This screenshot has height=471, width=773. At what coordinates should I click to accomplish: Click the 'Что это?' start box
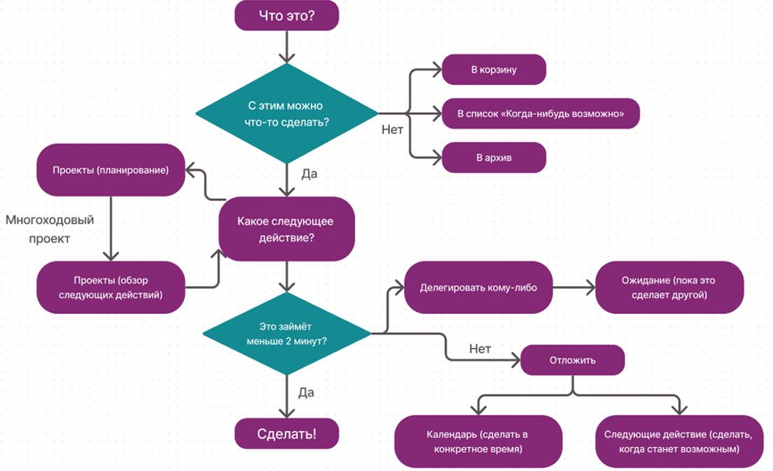[x=287, y=15]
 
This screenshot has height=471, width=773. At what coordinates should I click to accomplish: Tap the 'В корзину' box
[x=494, y=70]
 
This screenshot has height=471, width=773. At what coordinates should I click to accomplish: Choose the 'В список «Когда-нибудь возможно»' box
[x=541, y=114]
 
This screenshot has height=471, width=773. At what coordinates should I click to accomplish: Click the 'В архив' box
[x=494, y=157]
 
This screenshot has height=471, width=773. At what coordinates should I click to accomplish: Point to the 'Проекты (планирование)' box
[x=111, y=170]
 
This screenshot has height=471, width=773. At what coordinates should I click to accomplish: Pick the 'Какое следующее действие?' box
[x=286, y=229]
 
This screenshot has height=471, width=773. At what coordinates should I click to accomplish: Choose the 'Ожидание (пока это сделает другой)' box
[x=669, y=287]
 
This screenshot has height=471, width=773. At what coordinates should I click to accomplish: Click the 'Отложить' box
[x=572, y=361]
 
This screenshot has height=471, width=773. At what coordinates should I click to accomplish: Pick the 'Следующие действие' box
[x=677, y=441]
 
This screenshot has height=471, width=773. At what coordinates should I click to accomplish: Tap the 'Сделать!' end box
[x=287, y=434]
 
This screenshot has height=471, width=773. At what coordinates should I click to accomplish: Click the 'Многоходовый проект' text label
[x=50, y=228]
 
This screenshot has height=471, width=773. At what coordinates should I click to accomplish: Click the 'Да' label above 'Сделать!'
[x=306, y=392]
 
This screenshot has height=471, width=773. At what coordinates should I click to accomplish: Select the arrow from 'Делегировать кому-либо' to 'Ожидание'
[x=571, y=287]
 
